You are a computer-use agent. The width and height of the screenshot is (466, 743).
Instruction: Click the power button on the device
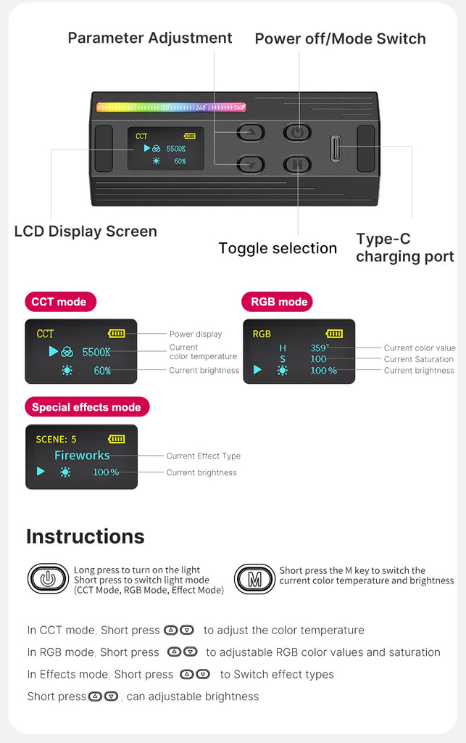(297, 132)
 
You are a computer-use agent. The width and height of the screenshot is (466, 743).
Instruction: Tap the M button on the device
(297, 165)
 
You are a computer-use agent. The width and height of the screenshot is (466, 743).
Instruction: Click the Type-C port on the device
(336, 148)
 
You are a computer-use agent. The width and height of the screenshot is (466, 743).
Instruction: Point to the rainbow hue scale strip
(171, 107)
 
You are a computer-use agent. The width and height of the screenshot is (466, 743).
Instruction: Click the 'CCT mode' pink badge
(60, 302)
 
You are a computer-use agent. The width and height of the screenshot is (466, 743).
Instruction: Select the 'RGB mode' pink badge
(278, 302)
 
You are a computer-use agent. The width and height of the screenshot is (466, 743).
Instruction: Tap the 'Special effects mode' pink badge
(87, 407)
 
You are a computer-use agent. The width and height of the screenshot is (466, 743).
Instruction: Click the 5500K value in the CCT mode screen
(96, 352)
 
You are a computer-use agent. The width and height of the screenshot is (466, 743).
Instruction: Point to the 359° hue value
(320, 348)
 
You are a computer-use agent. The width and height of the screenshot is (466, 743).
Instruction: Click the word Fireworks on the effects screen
(82, 456)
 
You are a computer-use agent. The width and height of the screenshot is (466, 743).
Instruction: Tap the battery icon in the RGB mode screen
(335, 334)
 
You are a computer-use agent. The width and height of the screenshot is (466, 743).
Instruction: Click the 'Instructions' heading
(86, 536)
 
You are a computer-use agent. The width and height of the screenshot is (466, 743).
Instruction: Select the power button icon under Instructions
(48, 578)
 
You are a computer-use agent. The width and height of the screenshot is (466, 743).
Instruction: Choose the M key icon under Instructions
(254, 578)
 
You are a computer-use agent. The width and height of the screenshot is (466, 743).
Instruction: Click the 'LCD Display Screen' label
(86, 231)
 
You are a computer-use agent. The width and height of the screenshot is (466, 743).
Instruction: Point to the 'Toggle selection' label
(278, 248)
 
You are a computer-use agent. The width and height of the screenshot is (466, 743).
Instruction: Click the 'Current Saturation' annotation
(419, 359)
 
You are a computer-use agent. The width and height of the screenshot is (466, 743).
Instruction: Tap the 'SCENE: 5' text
(56, 439)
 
